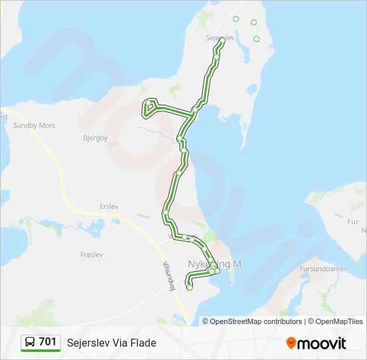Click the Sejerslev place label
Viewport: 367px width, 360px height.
220,38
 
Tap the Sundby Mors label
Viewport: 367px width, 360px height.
34,125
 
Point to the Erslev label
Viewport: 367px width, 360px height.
108,207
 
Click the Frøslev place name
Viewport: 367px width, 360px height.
91,255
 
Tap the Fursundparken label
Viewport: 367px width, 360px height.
324,269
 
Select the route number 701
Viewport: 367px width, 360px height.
47,342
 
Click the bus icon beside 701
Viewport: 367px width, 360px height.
30,342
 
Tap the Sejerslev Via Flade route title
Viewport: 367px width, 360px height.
111,343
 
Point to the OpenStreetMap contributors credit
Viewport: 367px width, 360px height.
256,321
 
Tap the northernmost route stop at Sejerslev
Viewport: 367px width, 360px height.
222,41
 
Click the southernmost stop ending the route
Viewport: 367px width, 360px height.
190,288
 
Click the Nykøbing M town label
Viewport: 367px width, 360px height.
215,265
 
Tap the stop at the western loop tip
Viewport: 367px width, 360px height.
149,103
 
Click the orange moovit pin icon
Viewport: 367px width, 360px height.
291,343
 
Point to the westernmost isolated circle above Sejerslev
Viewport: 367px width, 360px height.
236,19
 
